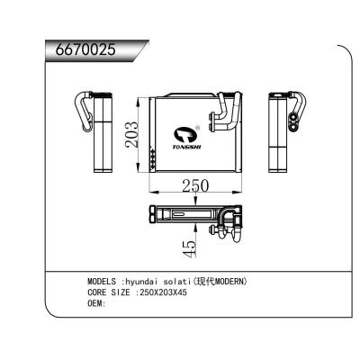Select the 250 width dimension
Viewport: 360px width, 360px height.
click(194, 186)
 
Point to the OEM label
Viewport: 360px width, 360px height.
click(97, 303)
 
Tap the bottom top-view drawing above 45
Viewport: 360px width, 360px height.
click(194, 217)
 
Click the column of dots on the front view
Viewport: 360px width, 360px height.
click(156, 158)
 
